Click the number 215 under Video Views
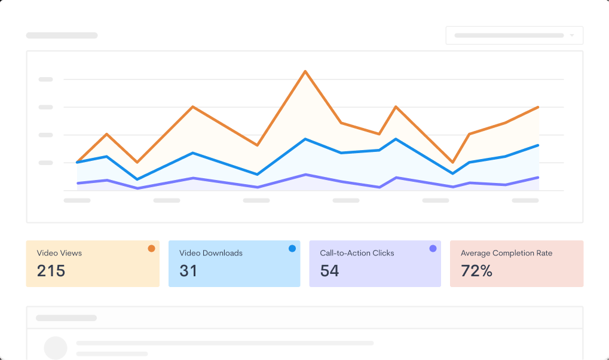click(51, 271)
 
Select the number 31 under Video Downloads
click(188, 271)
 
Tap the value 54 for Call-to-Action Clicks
click(329, 271)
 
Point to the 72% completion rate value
click(476, 271)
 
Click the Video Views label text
click(59, 253)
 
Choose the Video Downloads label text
click(211, 253)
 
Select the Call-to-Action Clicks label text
click(357, 253)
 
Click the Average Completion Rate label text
click(506, 253)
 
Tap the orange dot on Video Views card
click(151, 248)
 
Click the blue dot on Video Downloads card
click(292, 248)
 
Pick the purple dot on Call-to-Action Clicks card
click(433, 248)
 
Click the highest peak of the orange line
click(305, 72)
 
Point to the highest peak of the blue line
click(305, 139)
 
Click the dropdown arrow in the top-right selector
click(572, 35)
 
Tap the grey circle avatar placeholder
click(56, 347)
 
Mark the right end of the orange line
click(538, 108)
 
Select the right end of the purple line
click(538, 178)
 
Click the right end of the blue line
click(538, 145)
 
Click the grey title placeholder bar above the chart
click(62, 35)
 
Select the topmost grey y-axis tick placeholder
click(45, 79)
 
